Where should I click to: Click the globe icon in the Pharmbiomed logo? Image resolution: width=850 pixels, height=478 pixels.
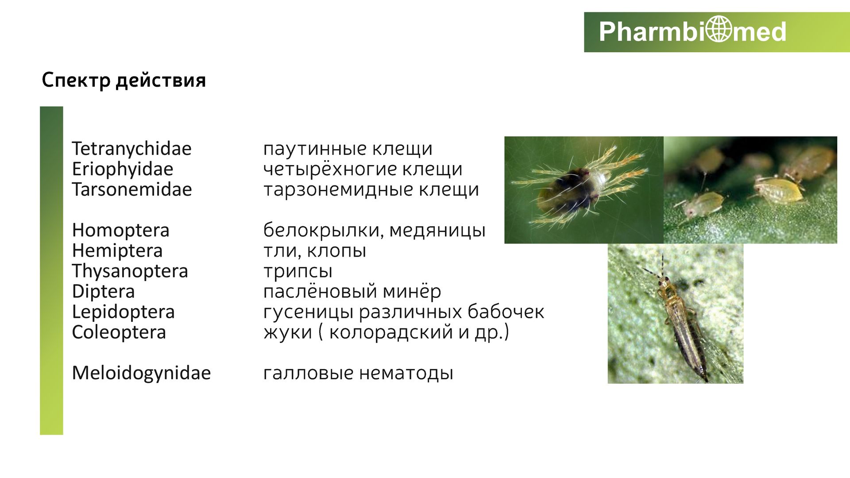[719, 29]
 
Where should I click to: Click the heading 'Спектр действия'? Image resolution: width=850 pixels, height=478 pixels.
[124, 80]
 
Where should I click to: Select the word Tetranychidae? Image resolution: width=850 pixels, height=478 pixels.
[131, 149]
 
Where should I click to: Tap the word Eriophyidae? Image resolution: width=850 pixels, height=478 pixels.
[123, 169]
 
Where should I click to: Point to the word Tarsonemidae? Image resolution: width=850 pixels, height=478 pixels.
[132, 189]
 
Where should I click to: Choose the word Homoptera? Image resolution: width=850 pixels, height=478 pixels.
[120, 230]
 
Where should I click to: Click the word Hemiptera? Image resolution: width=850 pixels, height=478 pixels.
[117, 251]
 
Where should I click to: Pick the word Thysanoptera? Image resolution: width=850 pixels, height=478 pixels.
[130, 271]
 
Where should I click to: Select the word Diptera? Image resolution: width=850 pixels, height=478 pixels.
[103, 291]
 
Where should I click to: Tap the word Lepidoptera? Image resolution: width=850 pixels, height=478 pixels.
[123, 312]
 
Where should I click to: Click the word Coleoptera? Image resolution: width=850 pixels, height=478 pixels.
[119, 332]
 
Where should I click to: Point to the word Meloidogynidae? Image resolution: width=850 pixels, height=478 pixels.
[141, 373]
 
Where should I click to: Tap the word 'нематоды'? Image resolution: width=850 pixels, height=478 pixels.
[406, 373]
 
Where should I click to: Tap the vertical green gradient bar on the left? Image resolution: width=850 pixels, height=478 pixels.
[51, 270]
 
